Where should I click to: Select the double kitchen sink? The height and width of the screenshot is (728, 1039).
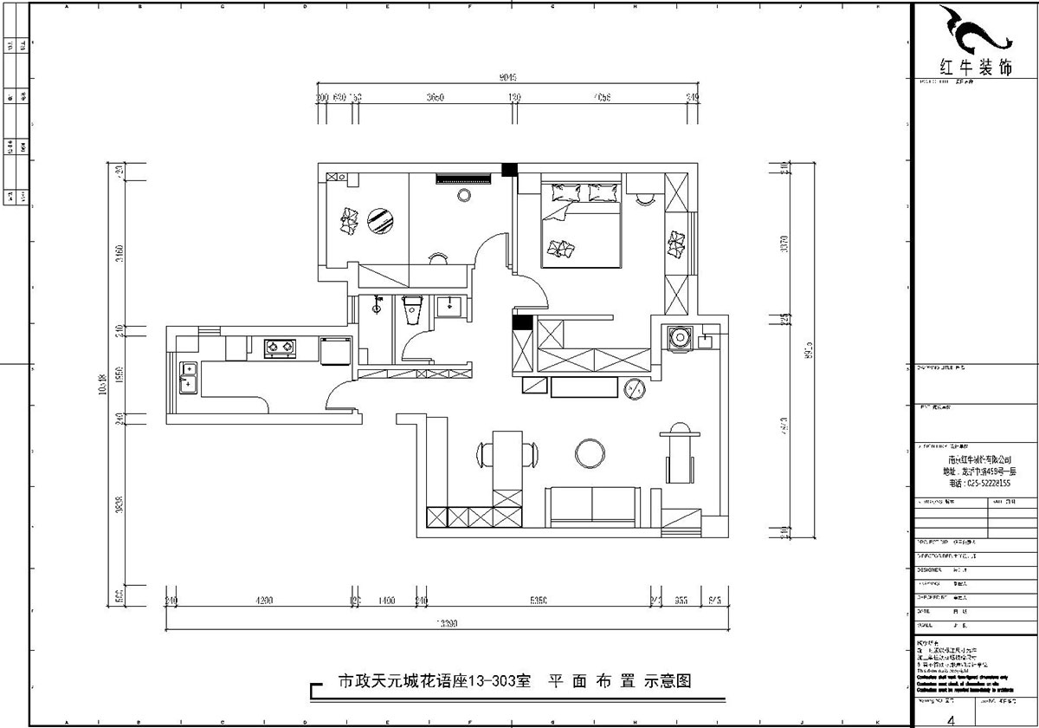(188, 376)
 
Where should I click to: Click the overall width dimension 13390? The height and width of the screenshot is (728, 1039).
(446, 623)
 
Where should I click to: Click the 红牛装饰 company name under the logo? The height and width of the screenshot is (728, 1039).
(976, 67)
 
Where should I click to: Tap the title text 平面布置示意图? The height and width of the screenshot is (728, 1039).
(620, 681)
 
